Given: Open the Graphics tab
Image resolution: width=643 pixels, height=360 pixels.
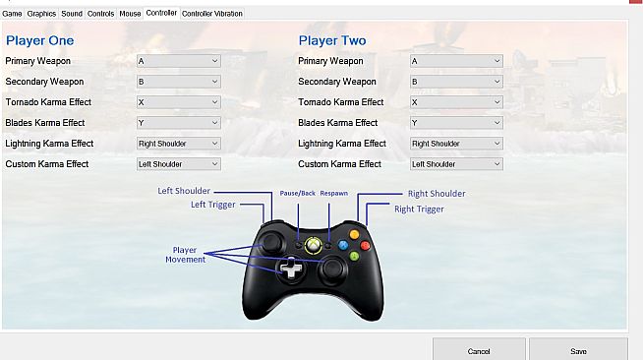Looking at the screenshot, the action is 41,14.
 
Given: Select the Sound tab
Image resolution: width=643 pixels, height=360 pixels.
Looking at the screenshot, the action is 72,14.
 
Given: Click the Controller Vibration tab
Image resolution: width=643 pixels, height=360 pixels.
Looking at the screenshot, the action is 212,14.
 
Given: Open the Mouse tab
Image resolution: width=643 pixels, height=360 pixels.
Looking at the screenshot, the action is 130,14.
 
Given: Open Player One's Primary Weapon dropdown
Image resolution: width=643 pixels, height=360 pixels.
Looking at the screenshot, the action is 178,61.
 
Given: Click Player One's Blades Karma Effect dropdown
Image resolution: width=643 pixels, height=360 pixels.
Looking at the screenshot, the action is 178,123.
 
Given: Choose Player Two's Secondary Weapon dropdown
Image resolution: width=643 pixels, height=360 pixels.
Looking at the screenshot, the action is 456,82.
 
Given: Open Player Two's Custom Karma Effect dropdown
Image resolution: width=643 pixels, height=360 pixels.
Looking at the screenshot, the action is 456,164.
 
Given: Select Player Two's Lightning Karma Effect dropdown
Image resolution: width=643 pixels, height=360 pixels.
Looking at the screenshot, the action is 456,144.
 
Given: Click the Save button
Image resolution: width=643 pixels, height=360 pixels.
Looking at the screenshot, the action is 578,350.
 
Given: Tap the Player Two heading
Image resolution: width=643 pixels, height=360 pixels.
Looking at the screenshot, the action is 332,40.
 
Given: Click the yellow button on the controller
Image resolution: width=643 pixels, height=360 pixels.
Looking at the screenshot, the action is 354,234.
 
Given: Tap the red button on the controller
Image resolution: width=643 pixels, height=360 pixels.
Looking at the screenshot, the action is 365,246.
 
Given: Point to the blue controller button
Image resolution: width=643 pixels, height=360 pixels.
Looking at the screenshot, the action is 343,245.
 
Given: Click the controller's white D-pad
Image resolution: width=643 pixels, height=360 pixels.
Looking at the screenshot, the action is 291,269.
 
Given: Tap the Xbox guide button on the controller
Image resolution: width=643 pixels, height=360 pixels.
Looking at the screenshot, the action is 314,245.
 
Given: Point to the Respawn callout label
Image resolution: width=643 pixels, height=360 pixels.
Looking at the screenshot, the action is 334,193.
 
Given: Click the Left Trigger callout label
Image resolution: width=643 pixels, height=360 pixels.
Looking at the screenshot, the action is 212,205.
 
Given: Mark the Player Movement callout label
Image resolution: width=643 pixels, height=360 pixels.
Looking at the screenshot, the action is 186,255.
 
